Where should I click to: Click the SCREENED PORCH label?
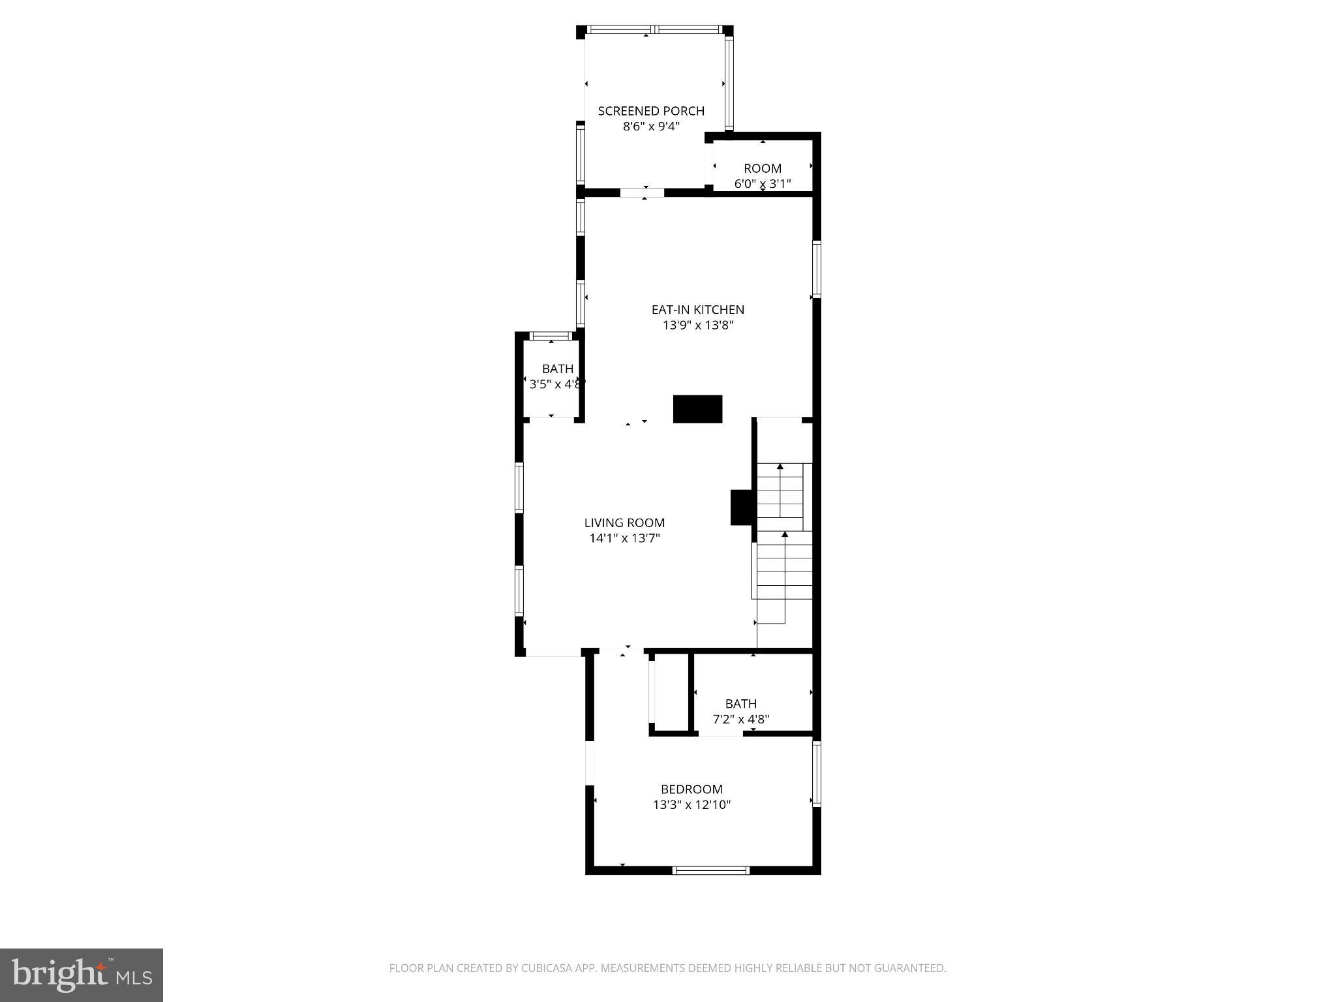(651, 111)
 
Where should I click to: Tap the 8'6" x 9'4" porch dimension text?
(651, 127)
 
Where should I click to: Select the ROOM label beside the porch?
(762, 168)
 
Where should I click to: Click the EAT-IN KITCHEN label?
(697, 310)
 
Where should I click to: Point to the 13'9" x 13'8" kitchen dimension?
(697, 326)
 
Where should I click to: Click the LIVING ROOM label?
(624, 523)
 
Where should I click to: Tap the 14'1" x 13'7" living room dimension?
(624, 538)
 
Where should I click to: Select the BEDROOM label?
(691, 789)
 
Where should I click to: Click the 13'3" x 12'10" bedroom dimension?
(691, 805)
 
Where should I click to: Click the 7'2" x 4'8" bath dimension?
(740, 720)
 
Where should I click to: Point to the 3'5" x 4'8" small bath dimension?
(555, 385)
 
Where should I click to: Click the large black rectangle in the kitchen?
(697, 409)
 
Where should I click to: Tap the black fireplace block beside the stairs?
(742, 507)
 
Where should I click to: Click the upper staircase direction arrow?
(780, 468)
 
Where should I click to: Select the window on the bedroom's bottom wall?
(710, 870)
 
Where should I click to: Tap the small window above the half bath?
(551, 336)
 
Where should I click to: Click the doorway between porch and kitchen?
(642, 192)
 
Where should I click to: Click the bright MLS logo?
(82, 975)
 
